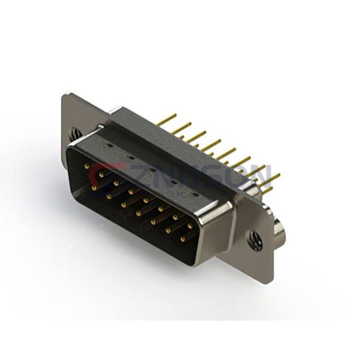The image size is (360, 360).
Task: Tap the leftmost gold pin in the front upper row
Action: (88, 166)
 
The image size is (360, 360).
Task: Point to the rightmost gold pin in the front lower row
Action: (183, 239)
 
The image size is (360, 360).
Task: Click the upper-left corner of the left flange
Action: (65, 95)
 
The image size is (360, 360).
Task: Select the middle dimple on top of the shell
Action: (151, 170)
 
